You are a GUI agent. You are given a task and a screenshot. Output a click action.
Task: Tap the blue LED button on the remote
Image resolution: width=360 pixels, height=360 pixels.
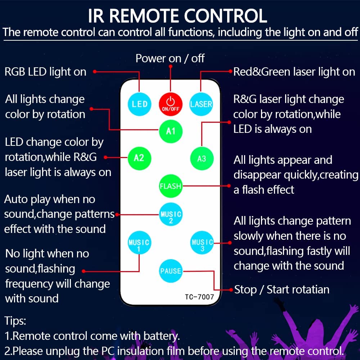[140, 104]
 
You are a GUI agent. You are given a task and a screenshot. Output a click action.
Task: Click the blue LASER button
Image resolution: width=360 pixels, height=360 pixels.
[201, 104]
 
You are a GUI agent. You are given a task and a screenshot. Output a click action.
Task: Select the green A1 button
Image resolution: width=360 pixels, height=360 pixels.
[171, 131]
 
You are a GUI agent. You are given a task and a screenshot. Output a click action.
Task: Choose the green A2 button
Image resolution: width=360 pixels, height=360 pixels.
[139, 158]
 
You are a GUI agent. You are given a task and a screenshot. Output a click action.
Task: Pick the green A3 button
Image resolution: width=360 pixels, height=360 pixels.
[202, 158]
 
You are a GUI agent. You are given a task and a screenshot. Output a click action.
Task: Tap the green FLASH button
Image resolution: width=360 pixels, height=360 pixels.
[171, 186]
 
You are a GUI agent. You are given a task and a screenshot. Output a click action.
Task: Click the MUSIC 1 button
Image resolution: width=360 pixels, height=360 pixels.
[139, 245]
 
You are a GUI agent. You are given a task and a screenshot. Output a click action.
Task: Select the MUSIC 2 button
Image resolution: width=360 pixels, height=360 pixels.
[171, 217]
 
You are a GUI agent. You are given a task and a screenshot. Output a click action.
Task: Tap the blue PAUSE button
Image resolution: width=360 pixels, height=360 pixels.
[171, 271]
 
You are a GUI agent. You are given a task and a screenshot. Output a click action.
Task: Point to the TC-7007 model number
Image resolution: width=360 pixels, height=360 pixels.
[199, 297]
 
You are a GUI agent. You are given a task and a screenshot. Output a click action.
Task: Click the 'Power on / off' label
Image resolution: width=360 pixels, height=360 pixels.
[170, 58]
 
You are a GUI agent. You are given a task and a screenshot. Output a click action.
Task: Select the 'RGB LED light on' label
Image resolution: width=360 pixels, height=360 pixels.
[45, 72]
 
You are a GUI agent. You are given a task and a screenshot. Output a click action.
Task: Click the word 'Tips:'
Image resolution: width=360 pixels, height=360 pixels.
[15, 321]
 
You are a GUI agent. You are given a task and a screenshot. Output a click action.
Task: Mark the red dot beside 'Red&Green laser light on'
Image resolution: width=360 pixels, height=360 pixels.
[231, 71]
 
